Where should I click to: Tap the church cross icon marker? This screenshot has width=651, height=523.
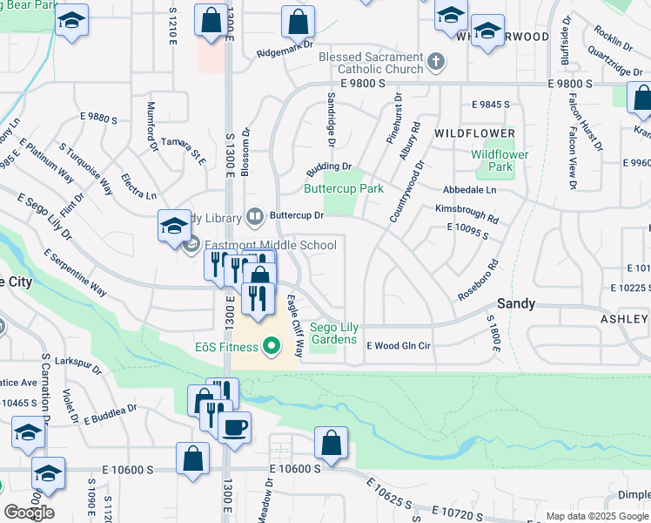click(436, 62)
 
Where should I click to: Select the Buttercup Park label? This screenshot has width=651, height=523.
click(343, 188)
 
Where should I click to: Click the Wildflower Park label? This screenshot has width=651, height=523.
click(500, 160)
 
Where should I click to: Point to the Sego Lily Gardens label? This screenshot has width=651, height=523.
click(333, 333)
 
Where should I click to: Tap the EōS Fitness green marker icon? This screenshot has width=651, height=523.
click(272, 348)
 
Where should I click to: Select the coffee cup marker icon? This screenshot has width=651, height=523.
click(234, 428)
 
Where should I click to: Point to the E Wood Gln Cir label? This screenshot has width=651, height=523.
click(398, 346)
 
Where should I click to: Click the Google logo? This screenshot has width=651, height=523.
click(29, 512)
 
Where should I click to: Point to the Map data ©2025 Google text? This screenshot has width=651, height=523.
click(598, 516)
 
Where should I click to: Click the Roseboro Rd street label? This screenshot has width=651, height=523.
click(478, 280)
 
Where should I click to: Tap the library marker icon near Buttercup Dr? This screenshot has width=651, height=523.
click(255, 214)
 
